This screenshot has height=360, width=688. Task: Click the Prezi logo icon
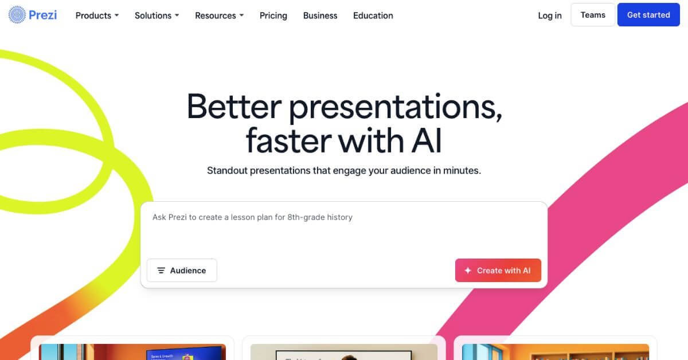pyautogui.click(x=17, y=15)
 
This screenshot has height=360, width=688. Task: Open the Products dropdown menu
pyautogui.click(x=97, y=15)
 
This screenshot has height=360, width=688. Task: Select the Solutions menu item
pyautogui.click(x=157, y=15)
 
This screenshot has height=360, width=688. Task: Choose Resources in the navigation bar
pyautogui.click(x=219, y=15)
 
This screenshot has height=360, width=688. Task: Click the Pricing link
pyautogui.click(x=273, y=15)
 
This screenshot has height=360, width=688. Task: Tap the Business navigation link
pyautogui.click(x=320, y=15)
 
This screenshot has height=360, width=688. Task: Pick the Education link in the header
pyautogui.click(x=373, y=15)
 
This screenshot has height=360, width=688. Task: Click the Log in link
pyautogui.click(x=549, y=15)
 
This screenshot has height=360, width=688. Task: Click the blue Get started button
pyautogui.click(x=648, y=15)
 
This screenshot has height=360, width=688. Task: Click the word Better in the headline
pyautogui.click(x=234, y=107)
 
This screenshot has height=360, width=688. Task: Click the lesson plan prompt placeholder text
pyautogui.click(x=252, y=217)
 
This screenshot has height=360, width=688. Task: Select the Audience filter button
pyautogui.click(x=182, y=271)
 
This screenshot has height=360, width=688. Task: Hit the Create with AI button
pyautogui.click(x=498, y=271)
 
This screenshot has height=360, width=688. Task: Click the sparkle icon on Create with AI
pyautogui.click(x=468, y=271)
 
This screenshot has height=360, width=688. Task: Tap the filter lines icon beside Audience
pyautogui.click(x=161, y=271)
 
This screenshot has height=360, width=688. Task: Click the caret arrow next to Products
pyautogui.click(x=116, y=15)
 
